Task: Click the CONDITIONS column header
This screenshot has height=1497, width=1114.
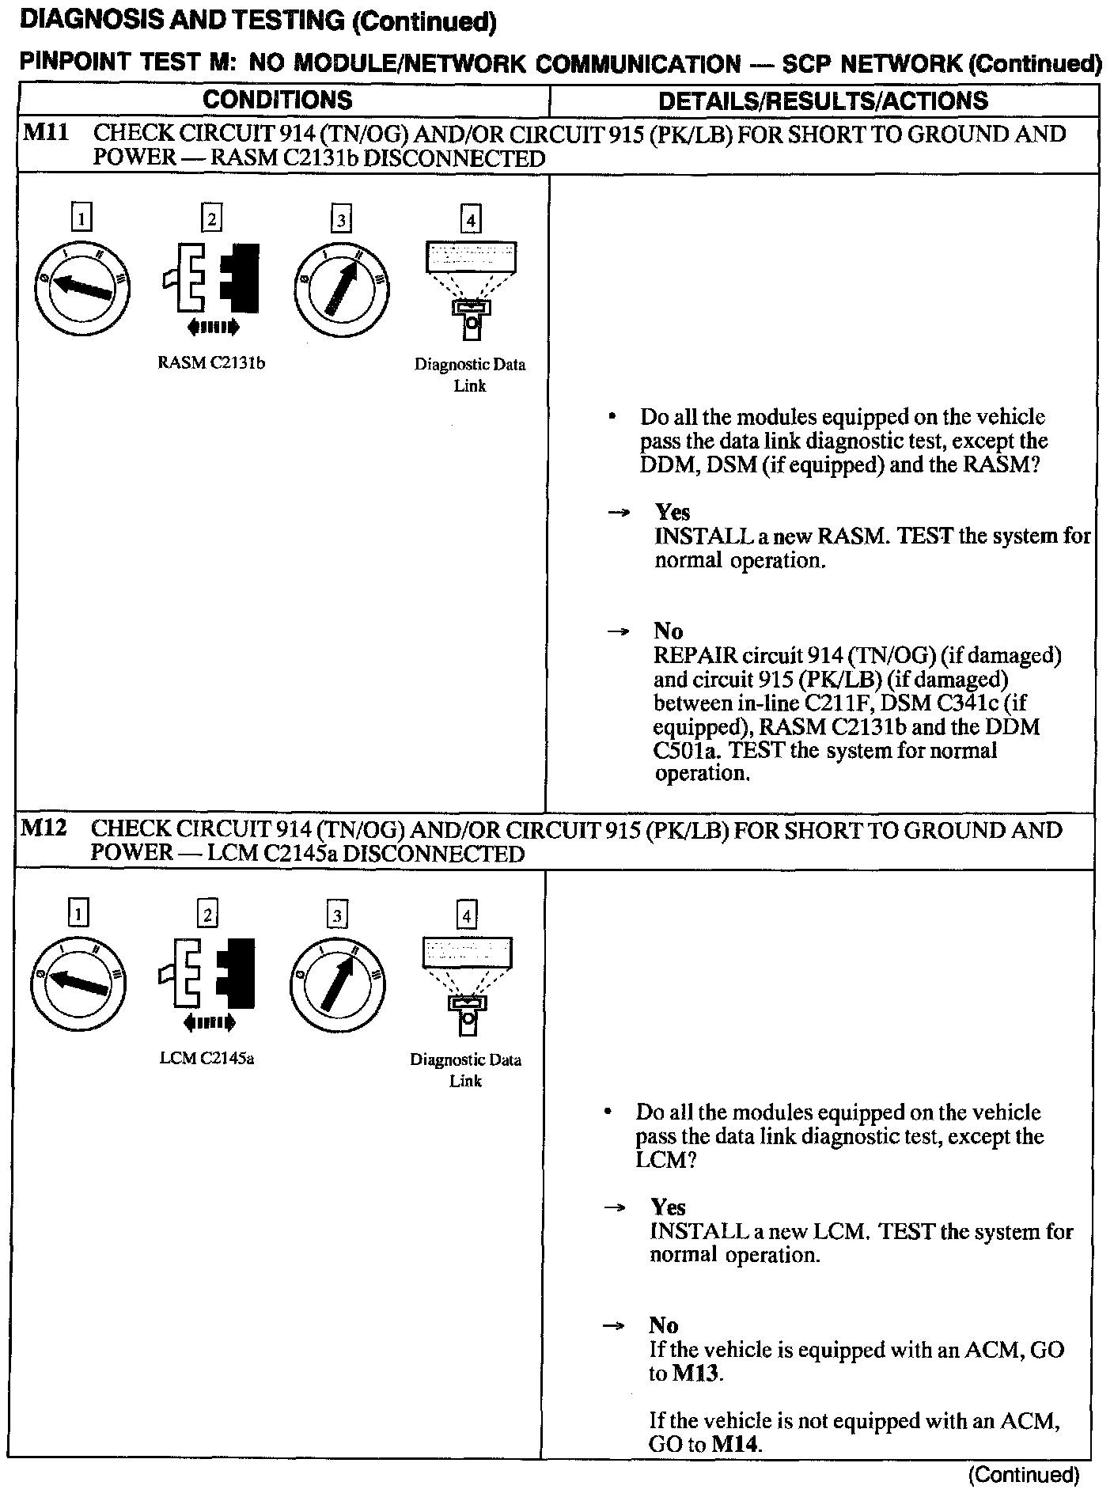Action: pyautogui.click(x=277, y=100)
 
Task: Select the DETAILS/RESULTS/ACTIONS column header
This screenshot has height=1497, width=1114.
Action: pyautogui.click(x=823, y=100)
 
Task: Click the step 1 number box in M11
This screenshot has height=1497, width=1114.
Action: pyautogui.click(x=81, y=218)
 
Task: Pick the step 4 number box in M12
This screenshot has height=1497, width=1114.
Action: pyautogui.click(x=467, y=915)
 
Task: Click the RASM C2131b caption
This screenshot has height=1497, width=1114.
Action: pyautogui.click(x=211, y=364)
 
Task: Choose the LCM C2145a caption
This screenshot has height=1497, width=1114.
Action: pyautogui.click(x=207, y=1059)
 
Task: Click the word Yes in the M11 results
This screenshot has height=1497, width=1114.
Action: pyautogui.click(x=672, y=513)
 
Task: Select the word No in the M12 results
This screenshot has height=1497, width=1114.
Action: pyautogui.click(x=664, y=1325)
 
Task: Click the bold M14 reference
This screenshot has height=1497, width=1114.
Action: pyautogui.click(x=736, y=1444)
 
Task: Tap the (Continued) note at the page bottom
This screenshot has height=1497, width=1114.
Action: pyautogui.click(x=1024, y=1475)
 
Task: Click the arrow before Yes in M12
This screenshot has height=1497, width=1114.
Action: pyautogui.click(x=614, y=1208)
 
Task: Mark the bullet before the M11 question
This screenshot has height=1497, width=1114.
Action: pyautogui.click(x=611, y=417)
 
